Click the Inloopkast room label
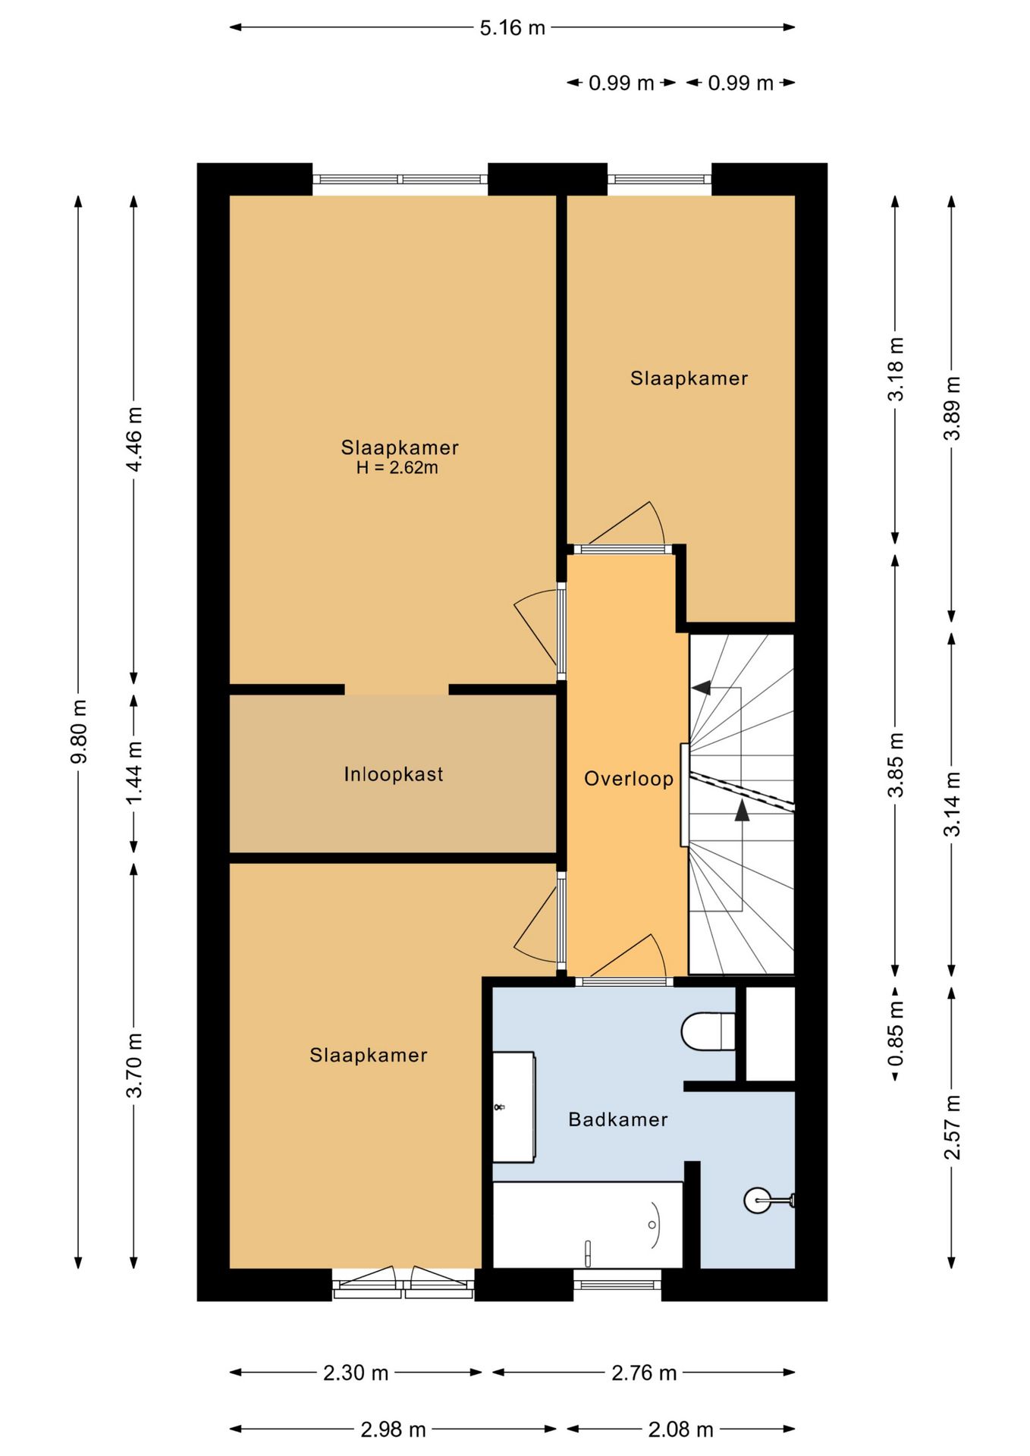click(393, 774)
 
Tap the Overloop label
click(629, 779)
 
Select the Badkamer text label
click(618, 1119)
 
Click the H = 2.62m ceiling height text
click(397, 468)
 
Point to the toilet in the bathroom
click(708, 1031)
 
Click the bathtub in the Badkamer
click(588, 1224)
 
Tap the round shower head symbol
click(758, 1200)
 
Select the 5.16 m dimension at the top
click(512, 28)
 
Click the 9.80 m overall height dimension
click(78, 732)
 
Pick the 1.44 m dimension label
click(134, 774)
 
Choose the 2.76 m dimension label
click(644, 1373)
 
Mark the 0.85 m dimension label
click(896, 1033)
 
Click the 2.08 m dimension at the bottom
click(680, 1429)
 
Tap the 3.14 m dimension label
click(952, 804)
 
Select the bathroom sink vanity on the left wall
click(513, 1107)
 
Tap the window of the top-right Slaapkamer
click(659, 180)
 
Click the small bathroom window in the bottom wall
click(617, 1285)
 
